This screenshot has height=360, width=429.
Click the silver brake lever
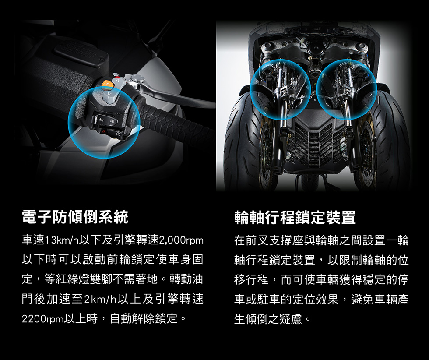[x=175, y=96]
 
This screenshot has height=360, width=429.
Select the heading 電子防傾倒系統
[x=75, y=217]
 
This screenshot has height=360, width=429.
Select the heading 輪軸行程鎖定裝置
[x=295, y=217]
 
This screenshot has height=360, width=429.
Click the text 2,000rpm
[x=181, y=240]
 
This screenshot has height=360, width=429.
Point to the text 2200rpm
[x=43, y=319]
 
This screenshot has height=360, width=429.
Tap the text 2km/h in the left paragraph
[x=101, y=299]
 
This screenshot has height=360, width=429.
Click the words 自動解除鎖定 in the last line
[x=144, y=319]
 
